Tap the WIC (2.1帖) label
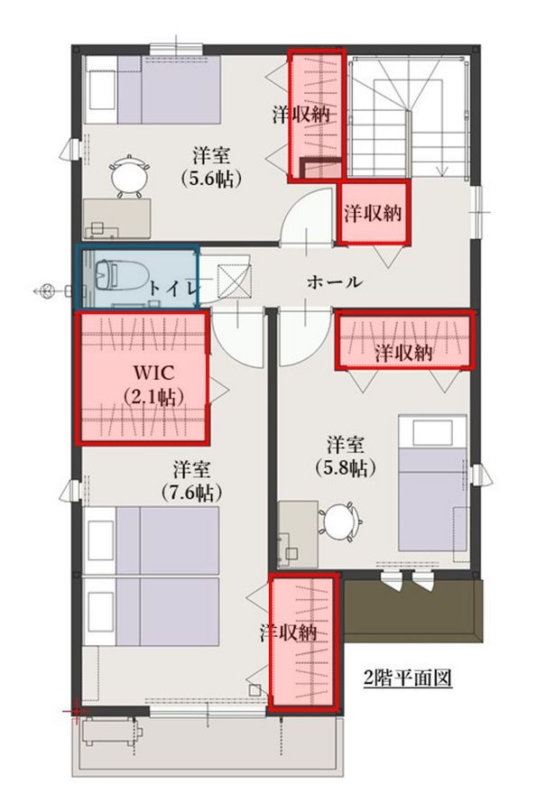[x=154, y=384]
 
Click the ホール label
[x=334, y=282]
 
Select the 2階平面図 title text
[x=408, y=678]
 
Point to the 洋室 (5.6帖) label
[x=211, y=167]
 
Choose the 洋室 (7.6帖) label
[x=191, y=481]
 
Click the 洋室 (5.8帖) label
[x=345, y=457]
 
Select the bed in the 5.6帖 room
[x=153, y=89]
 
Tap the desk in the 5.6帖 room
[x=117, y=218]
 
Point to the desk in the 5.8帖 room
[x=298, y=534]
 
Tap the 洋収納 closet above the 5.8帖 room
[x=404, y=340]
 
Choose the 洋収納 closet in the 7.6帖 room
[x=303, y=642]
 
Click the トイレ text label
[x=172, y=288]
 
